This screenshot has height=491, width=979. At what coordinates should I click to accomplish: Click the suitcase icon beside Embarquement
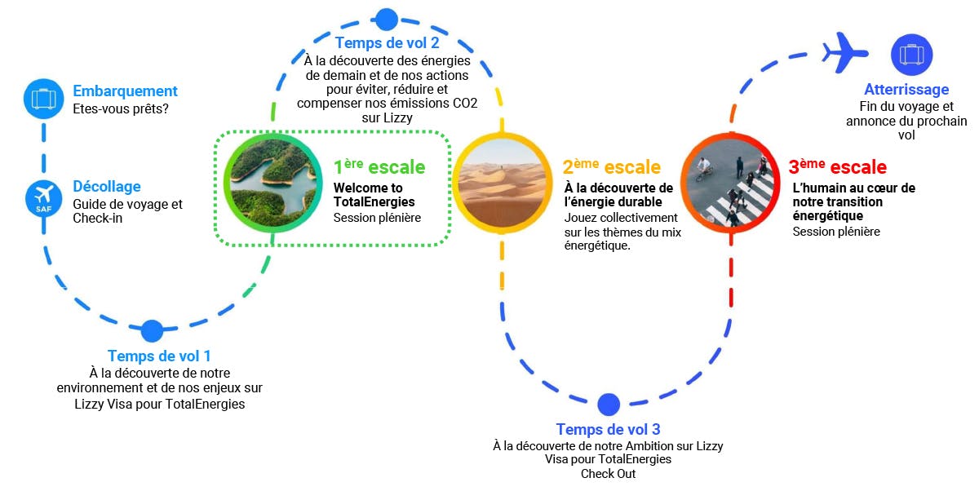43,99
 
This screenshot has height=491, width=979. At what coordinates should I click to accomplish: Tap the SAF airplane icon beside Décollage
43,197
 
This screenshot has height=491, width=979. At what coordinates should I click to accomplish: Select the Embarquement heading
125,91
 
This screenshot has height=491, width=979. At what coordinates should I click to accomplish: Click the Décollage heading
107,187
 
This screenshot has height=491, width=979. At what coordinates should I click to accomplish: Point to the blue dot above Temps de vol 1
152,330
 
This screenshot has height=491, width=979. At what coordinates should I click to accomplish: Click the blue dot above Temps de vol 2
386,20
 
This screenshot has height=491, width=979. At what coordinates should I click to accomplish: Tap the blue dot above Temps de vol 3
609,405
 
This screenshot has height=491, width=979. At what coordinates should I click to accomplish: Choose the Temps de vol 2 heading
388,42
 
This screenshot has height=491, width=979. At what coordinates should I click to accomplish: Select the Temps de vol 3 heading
608,429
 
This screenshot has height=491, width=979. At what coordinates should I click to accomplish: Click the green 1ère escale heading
379,167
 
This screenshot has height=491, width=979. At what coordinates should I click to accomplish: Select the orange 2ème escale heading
611,167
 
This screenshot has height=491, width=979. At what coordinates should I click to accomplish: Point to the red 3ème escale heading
837,167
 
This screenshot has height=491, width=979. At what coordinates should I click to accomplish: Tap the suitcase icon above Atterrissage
911,55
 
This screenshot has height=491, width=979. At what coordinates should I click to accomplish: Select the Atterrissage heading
906,90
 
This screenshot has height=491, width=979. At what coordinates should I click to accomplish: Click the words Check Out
608,474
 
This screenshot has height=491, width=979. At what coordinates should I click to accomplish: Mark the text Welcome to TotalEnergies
374,195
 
